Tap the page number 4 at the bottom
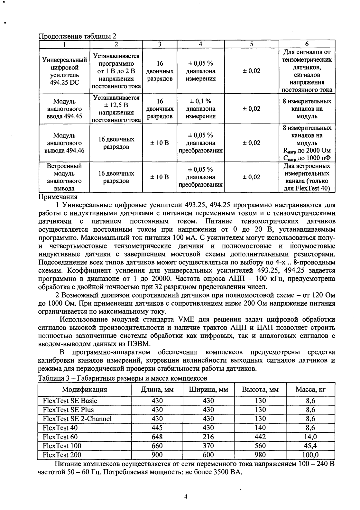click(x=185, y=496)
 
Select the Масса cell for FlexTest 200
click(x=310, y=455)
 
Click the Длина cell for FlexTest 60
click(x=157, y=437)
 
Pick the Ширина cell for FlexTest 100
click(x=208, y=446)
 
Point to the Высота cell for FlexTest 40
click(x=260, y=428)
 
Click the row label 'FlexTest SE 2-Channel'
click(x=77, y=419)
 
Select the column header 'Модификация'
click(x=84, y=389)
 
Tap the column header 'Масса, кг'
click(x=310, y=389)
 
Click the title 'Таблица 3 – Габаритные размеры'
click(x=122, y=378)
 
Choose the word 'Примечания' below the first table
click(x=58, y=197)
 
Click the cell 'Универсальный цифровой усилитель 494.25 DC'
click(x=65, y=71)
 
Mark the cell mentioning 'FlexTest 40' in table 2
click(x=307, y=177)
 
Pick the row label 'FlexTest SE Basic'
click(x=70, y=401)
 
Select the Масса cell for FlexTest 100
click(x=310, y=446)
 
